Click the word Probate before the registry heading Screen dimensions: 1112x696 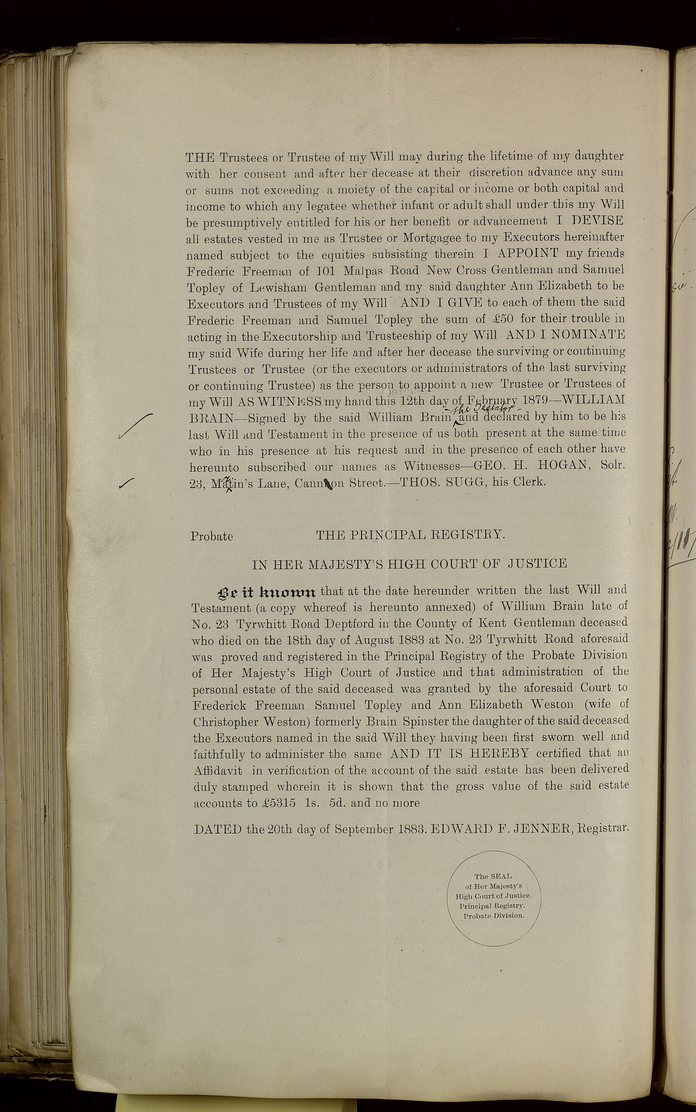point(211,536)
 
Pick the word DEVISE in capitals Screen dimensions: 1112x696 point(597,221)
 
